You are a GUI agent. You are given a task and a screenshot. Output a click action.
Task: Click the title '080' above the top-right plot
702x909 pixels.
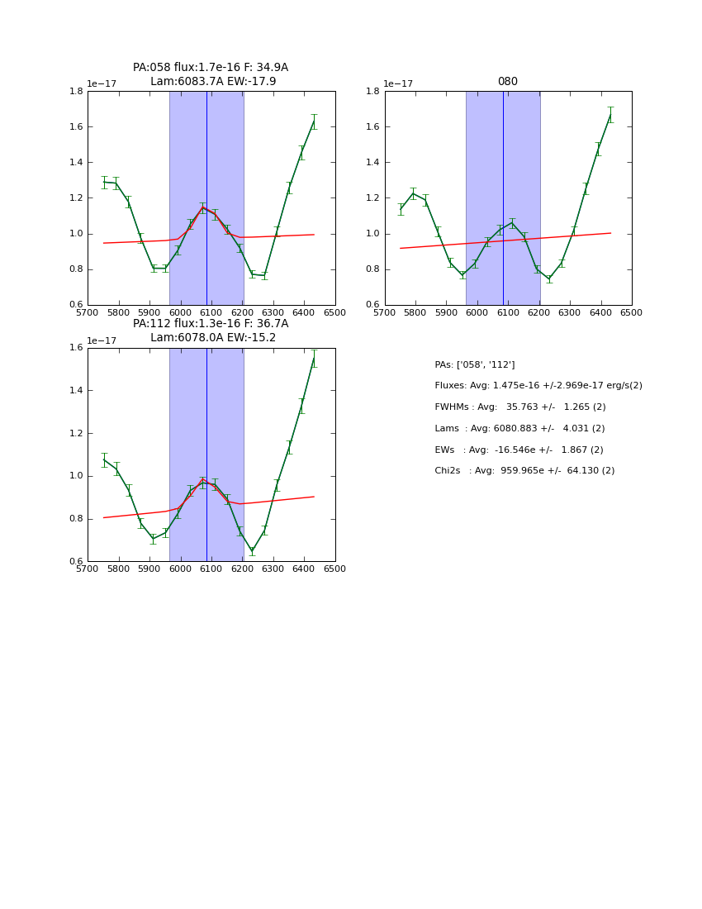507,82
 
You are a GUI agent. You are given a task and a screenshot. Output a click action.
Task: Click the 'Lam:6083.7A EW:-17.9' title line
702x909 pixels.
213,82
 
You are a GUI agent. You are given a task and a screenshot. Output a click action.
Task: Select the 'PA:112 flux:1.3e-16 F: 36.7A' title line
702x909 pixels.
211,324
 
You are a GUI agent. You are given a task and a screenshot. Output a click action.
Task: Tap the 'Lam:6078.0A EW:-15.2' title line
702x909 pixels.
213,338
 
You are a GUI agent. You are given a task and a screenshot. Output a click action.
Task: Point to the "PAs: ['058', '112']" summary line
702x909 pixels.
474,364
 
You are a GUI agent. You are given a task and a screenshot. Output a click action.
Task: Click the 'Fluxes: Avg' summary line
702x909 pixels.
538,386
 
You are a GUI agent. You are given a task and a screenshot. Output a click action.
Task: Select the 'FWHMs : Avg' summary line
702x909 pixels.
519,407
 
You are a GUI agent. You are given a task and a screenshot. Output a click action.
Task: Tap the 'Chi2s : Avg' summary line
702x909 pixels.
524,471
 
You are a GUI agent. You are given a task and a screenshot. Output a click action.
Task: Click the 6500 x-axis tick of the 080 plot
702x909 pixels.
632,313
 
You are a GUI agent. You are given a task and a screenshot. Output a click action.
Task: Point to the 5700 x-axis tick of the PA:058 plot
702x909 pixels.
88,313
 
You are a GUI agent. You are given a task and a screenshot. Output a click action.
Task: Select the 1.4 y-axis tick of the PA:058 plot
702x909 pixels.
75,163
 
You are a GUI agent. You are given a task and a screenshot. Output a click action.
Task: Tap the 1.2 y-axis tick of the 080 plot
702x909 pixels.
372,198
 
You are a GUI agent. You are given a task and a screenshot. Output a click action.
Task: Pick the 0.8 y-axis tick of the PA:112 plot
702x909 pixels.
75,519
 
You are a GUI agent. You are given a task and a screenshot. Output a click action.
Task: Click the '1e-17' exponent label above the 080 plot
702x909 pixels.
398,84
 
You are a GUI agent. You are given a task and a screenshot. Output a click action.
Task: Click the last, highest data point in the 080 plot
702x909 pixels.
610,115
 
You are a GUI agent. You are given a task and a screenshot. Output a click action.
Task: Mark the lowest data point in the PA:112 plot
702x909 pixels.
252,551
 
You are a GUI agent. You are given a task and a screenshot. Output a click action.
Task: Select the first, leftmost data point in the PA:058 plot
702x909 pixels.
104,182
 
